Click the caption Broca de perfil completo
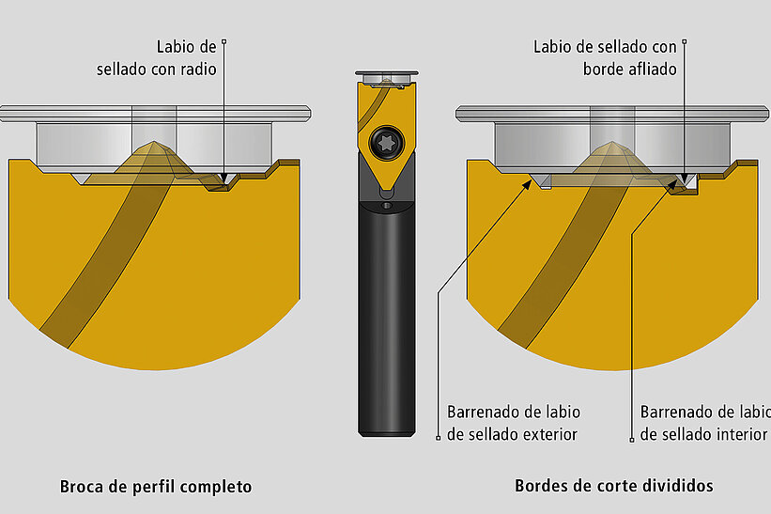(156, 487)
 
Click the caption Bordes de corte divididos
(613, 486)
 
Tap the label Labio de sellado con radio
(157, 58)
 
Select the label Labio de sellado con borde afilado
(606, 58)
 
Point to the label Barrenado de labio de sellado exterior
(514, 423)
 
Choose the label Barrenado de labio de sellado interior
(705, 423)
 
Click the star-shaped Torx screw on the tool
(387, 143)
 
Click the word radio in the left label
(198, 70)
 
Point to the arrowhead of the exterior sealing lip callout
(527, 184)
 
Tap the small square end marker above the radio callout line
(224, 41)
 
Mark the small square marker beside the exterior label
(439, 438)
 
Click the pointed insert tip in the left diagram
(154, 143)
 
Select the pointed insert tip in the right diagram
(611, 143)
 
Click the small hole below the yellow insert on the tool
(387, 205)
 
